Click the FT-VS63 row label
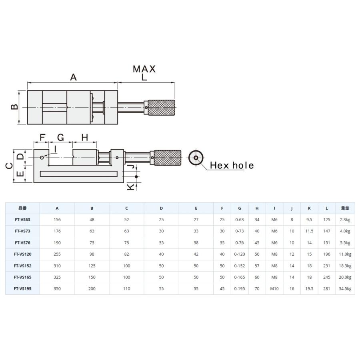[x=22, y=220]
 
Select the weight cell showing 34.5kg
[x=345, y=288]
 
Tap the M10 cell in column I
[x=274, y=288]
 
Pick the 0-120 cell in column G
[x=240, y=254]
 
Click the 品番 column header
[x=22, y=208]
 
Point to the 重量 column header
[x=345, y=208]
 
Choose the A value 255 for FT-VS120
[x=57, y=254]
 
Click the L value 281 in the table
[x=327, y=288]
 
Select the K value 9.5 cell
[x=309, y=220]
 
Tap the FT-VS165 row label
[x=22, y=277]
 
